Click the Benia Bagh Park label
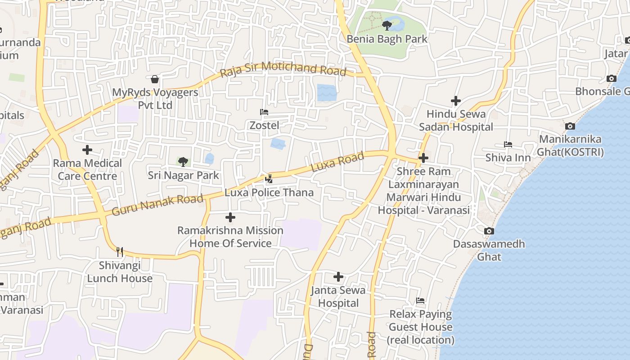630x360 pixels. point(387,39)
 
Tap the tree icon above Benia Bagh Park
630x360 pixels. point(387,25)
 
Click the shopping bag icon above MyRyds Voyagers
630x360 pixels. point(155,79)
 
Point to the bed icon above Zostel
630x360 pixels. point(264,112)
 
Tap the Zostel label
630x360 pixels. point(264,126)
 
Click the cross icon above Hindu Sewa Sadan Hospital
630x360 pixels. point(456,101)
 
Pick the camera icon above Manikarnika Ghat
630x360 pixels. point(570,126)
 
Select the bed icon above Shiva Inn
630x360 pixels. point(508,144)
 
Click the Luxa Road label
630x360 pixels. point(337,162)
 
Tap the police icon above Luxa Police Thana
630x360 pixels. point(269,179)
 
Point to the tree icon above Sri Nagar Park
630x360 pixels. point(183,162)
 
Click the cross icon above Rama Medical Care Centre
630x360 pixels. point(87,150)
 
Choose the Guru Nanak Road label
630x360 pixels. point(157,205)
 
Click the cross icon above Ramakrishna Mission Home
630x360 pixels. point(230,218)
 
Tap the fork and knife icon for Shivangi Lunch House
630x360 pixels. point(120,251)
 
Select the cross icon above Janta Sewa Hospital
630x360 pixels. point(338,277)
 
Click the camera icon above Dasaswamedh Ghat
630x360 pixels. point(489,231)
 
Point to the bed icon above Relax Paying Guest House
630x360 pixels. point(420,301)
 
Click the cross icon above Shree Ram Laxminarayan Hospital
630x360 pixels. point(423,158)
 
